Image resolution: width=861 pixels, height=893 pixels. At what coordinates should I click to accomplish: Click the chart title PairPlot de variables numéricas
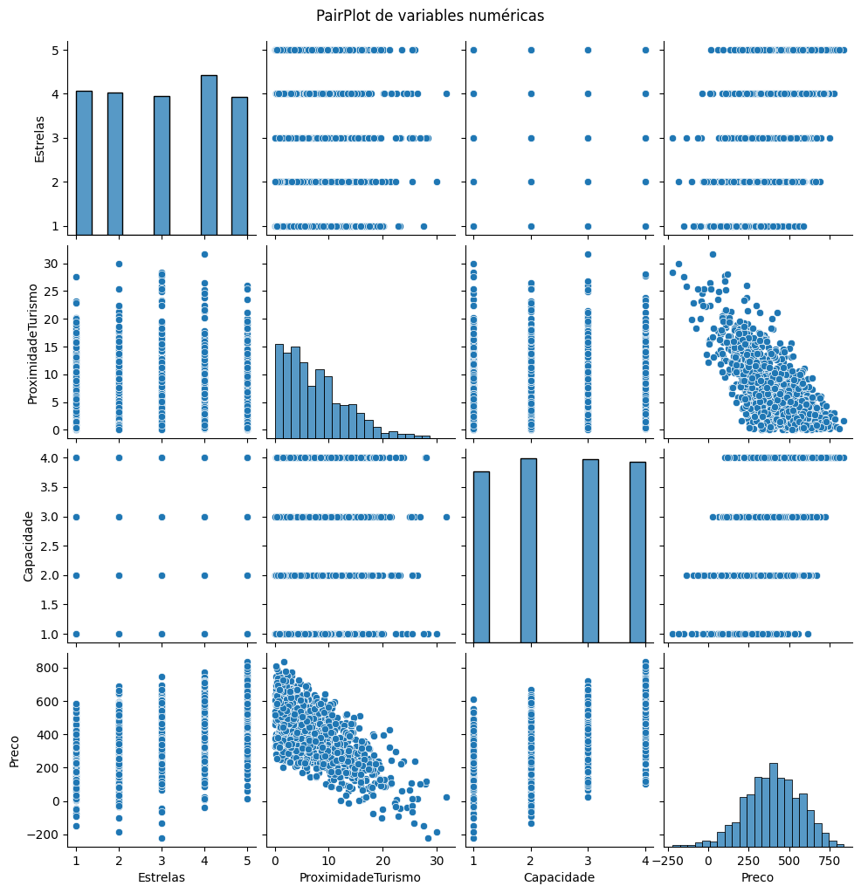(x=430, y=16)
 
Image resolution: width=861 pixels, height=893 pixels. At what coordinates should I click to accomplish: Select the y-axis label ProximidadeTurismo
(x=32, y=343)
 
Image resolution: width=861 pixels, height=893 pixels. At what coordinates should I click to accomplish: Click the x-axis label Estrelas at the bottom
(x=162, y=877)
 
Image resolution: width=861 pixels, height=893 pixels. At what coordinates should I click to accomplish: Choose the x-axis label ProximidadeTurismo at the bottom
(x=359, y=877)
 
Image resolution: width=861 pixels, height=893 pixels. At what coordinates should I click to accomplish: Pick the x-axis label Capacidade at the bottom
(x=559, y=877)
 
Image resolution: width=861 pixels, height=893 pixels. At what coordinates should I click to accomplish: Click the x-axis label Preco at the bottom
(x=756, y=877)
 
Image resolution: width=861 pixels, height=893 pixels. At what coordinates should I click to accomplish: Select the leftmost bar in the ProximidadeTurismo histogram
(x=279, y=390)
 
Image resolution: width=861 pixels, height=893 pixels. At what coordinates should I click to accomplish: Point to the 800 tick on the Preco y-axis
(x=51, y=668)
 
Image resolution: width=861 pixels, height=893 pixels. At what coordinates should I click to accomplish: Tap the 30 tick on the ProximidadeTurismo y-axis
(x=56, y=264)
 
